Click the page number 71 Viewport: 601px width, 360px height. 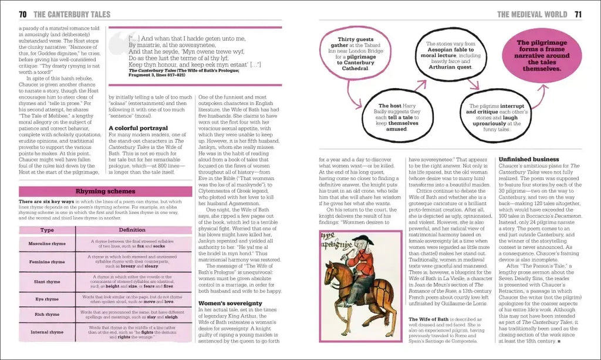click(578, 14)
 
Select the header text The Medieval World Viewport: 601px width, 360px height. click(532, 14)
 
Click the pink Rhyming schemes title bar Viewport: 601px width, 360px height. click(106, 191)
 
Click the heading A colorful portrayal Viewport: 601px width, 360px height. click(139, 127)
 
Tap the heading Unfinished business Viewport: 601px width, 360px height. click(529, 159)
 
